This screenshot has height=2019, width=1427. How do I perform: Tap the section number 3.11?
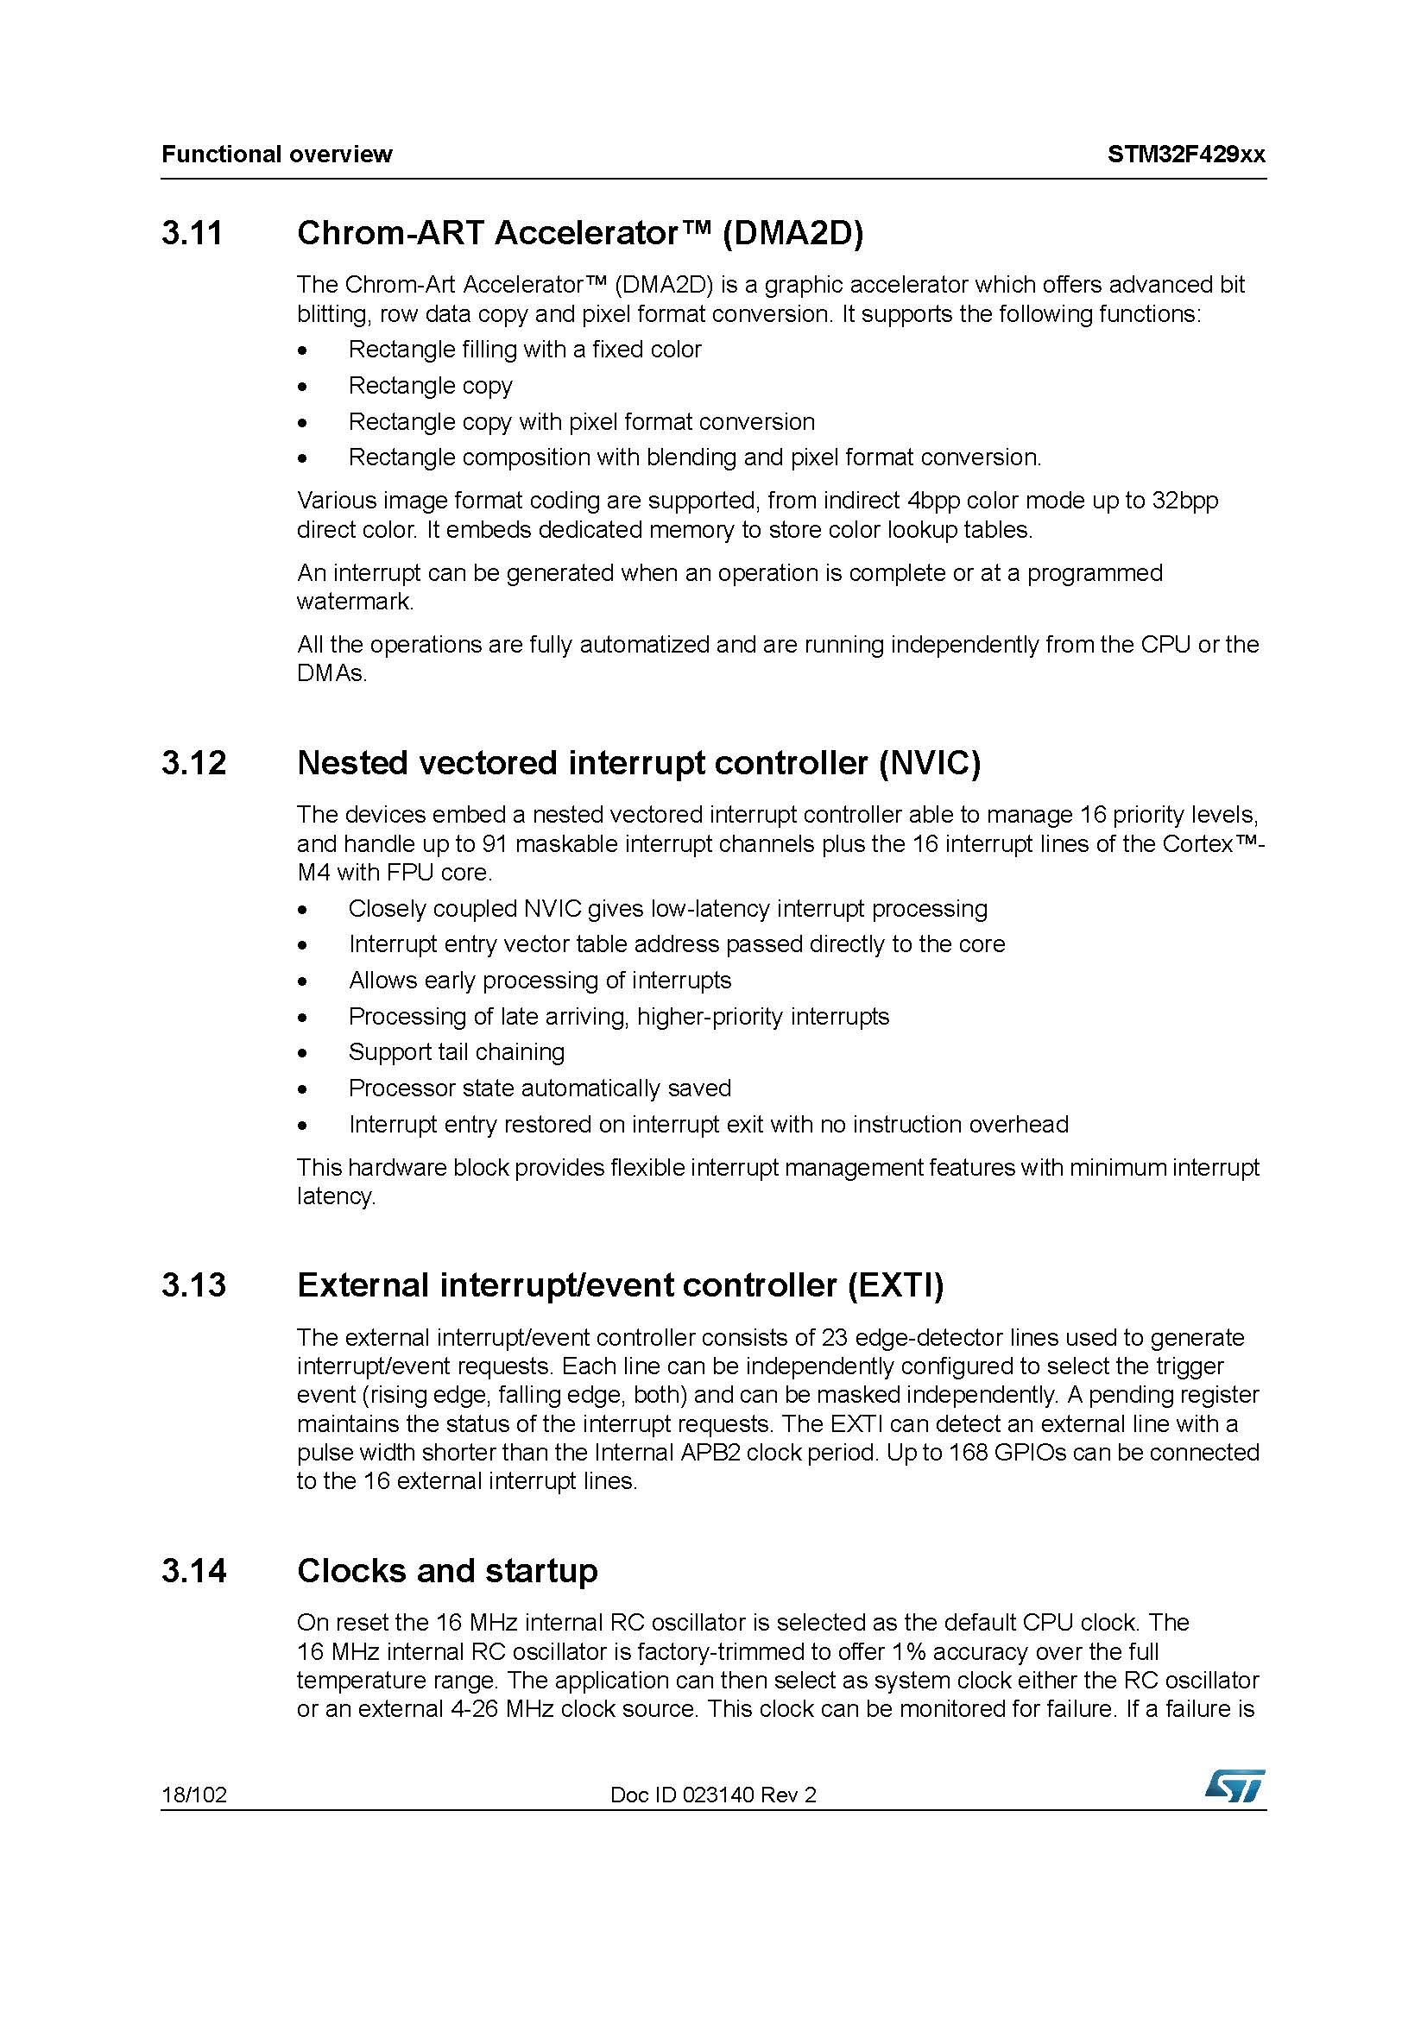(x=193, y=233)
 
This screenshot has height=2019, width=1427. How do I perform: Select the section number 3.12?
(x=193, y=762)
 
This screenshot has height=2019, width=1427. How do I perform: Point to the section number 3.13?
(x=193, y=1284)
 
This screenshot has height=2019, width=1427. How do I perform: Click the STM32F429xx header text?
(x=1186, y=155)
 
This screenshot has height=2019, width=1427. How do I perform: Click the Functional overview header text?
(x=277, y=155)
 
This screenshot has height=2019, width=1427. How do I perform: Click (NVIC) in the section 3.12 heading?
(x=930, y=762)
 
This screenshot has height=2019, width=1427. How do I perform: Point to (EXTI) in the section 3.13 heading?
(x=896, y=1284)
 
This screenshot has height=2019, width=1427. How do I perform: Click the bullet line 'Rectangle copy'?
(x=430, y=385)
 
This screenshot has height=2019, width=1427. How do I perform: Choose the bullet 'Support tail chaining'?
(x=457, y=1051)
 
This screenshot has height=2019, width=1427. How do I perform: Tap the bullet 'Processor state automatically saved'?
(x=539, y=1088)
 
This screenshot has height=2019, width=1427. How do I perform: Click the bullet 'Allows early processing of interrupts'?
(x=539, y=980)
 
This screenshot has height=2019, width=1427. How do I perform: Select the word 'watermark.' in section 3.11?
(x=355, y=602)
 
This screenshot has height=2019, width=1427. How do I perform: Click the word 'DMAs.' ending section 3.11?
(x=331, y=673)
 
